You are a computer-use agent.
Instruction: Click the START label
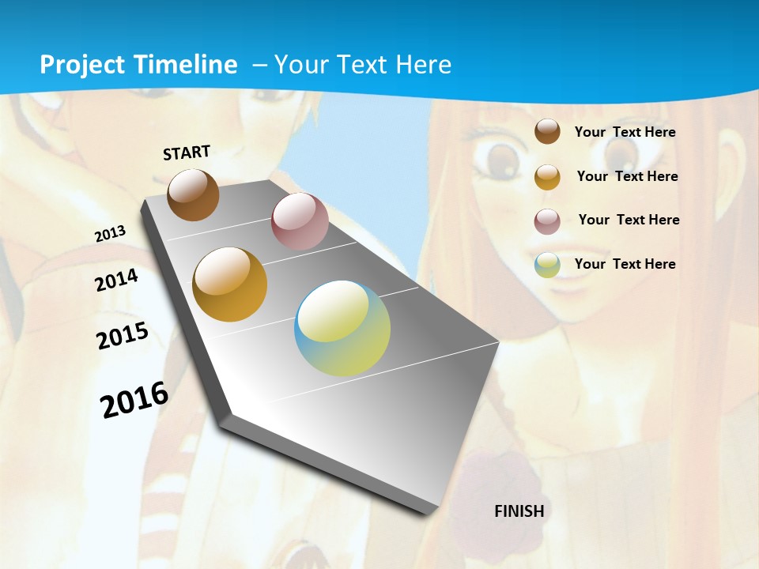click(x=187, y=153)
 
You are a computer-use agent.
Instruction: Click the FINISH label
click(x=519, y=511)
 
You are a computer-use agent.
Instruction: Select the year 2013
click(x=111, y=233)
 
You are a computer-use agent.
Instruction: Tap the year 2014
click(x=117, y=281)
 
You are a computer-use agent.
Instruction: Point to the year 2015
click(x=123, y=336)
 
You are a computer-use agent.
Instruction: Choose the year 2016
click(x=134, y=399)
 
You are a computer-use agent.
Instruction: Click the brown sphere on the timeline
click(x=193, y=194)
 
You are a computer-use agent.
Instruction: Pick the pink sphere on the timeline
click(x=300, y=221)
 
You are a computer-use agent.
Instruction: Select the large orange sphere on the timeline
click(x=230, y=284)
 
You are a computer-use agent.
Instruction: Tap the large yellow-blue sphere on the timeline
click(x=342, y=328)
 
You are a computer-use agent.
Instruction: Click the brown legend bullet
click(x=547, y=131)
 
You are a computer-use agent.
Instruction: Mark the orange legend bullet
click(x=547, y=177)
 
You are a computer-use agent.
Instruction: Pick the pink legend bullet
click(x=547, y=221)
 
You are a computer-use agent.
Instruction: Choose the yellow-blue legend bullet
click(x=547, y=265)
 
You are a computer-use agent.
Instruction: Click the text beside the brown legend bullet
click(x=625, y=132)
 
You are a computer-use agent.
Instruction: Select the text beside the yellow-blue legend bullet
click(x=625, y=264)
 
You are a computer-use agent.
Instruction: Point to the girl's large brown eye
click(x=500, y=160)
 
